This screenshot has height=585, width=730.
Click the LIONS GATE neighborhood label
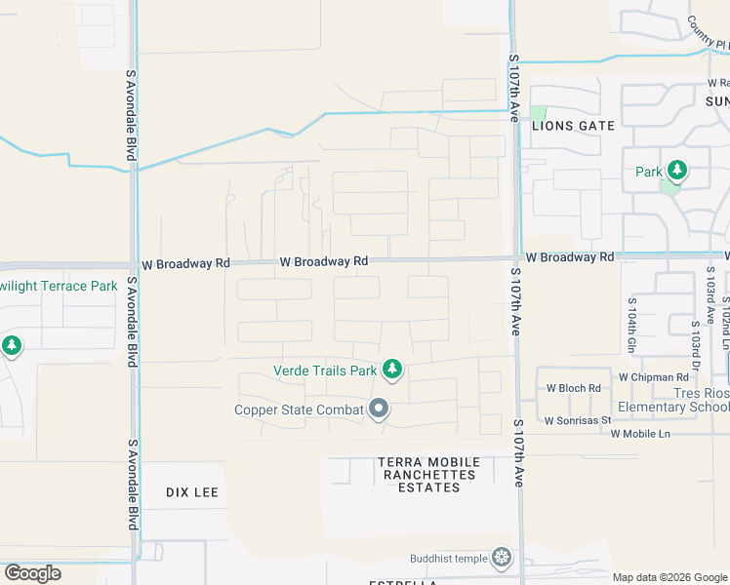[573, 126]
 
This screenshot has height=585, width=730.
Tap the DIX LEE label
[191, 492]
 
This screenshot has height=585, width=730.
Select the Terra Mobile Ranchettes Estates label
[429, 474]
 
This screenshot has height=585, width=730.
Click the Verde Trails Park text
[324, 370]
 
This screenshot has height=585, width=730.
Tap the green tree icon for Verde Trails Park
[391, 369]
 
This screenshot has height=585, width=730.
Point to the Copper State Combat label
[299, 409]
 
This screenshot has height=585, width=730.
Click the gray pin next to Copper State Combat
[379, 409]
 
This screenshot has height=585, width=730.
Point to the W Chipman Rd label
[653, 377]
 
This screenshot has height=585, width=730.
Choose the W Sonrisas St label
[577, 421]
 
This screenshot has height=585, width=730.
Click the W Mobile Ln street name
[641, 433]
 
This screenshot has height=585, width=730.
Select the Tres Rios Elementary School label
[673, 400]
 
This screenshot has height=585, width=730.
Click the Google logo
[32, 572]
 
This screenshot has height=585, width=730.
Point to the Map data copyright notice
[669, 577]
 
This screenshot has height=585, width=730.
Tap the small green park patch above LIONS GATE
[539, 113]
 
